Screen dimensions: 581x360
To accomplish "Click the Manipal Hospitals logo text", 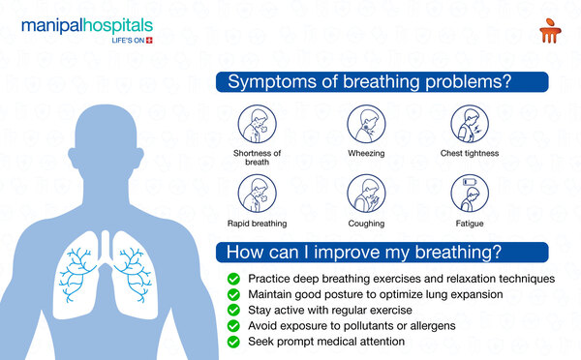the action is (x=87, y=27).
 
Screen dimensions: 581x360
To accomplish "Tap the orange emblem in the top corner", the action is (x=550, y=30).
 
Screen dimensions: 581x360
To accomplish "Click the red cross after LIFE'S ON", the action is (x=149, y=41).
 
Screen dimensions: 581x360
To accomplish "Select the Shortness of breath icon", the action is (x=258, y=124).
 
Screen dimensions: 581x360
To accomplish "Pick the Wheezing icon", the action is (x=366, y=124).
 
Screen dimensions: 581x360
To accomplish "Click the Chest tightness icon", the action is (x=470, y=124).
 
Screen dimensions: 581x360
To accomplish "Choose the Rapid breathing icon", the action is (x=258, y=194).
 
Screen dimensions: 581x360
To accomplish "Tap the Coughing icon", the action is (x=366, y=194).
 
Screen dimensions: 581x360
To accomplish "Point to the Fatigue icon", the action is (x=470, y=194).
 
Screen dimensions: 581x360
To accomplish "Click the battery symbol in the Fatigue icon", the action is (x=470, y=182).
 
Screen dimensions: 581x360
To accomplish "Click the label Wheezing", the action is (x=366, y=153).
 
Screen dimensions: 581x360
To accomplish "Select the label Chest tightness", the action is (x=470, y=153).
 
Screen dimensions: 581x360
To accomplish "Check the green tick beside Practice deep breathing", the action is (x=233, y=279).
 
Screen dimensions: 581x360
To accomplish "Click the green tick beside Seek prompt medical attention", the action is (x=233, y=342).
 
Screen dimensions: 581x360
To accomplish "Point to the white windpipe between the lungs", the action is (x=106, y=247).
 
